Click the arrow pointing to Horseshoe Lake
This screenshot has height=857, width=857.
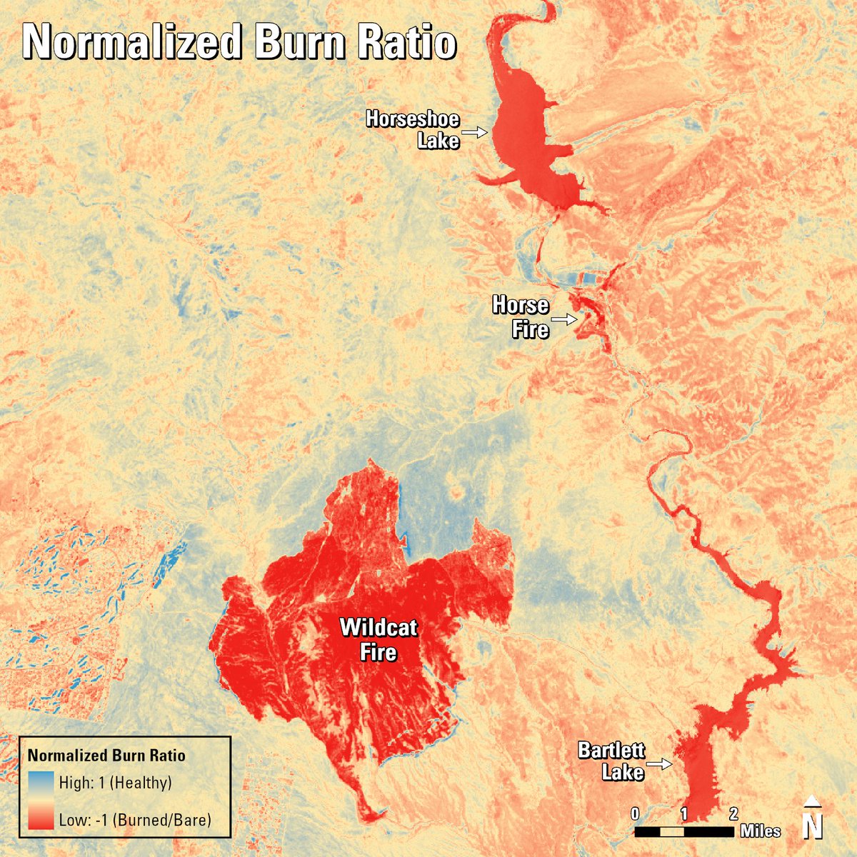(473, 132)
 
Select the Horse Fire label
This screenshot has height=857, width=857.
(521, 317)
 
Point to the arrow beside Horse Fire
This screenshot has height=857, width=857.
(563, 320)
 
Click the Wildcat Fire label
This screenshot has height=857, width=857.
(379, 639)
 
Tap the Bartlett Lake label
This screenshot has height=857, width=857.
(611, 761)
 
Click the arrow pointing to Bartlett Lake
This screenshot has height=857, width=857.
(660, 764)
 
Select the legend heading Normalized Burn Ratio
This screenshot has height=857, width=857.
(106, 756)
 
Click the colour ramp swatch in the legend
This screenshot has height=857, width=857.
(41, 801)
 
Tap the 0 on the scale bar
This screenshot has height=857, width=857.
(635, 813)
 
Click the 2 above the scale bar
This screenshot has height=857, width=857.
(733, 813)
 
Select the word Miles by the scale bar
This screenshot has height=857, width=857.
(760, 831)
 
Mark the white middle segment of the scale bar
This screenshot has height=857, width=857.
(671, 831)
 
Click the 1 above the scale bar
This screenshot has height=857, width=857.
(683, 813)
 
